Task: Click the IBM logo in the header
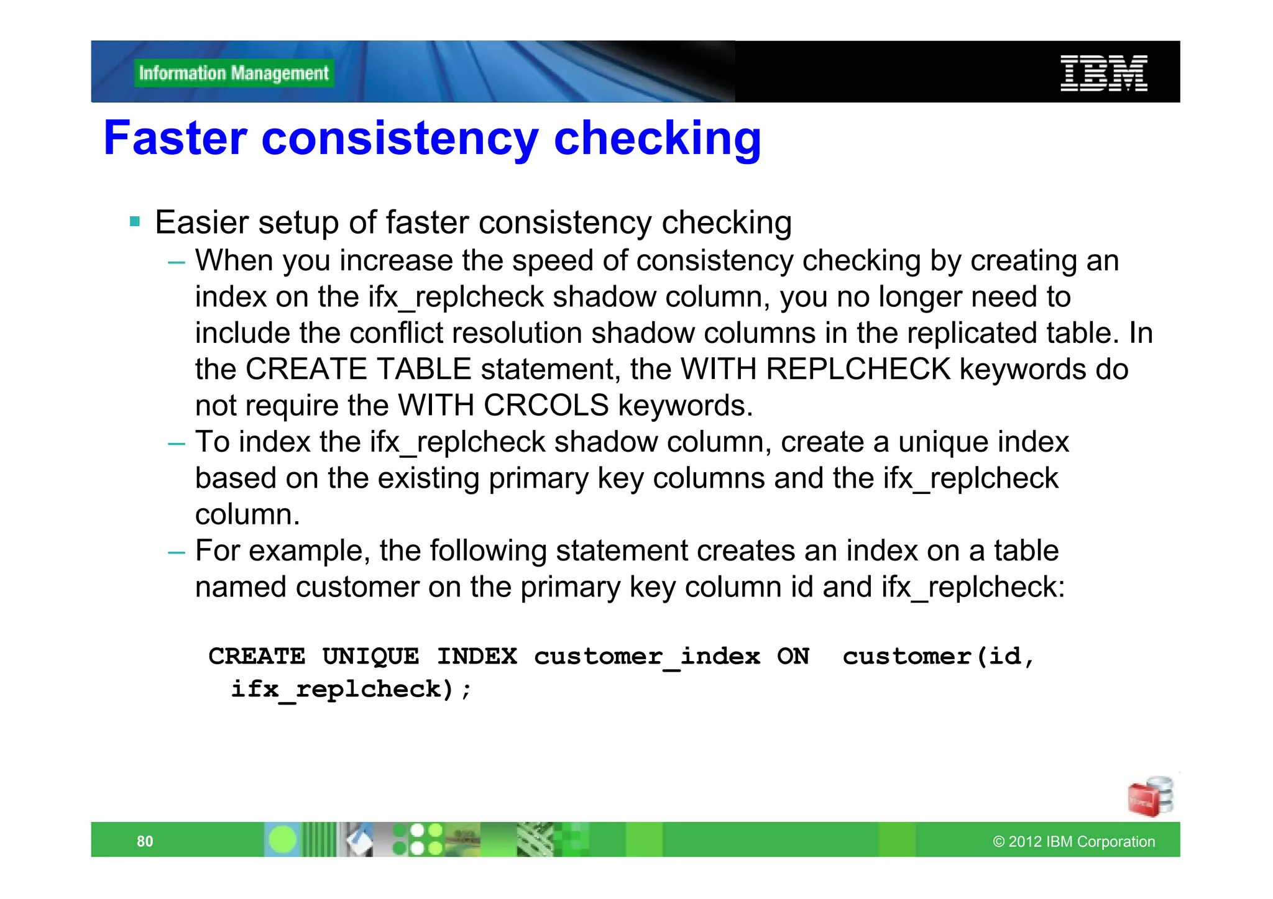point(1103,73)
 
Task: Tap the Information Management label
point(234,73)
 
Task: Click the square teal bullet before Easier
point(135,221)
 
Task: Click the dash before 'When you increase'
point(177,262)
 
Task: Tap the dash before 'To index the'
point(177,444)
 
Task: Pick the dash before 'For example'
point(177,552)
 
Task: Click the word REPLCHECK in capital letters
point(858,369)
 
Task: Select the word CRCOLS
point(546,406)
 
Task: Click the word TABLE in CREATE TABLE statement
point(425,369)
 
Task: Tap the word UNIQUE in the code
point(370,656)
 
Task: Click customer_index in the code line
point(647,656)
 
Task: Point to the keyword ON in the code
point(793,656)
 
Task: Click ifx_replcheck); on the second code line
point(351,689)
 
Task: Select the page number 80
point(145,841)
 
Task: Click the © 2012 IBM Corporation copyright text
point(1073,841)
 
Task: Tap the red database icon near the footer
point(1149,796)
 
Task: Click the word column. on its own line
point(247,514)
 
